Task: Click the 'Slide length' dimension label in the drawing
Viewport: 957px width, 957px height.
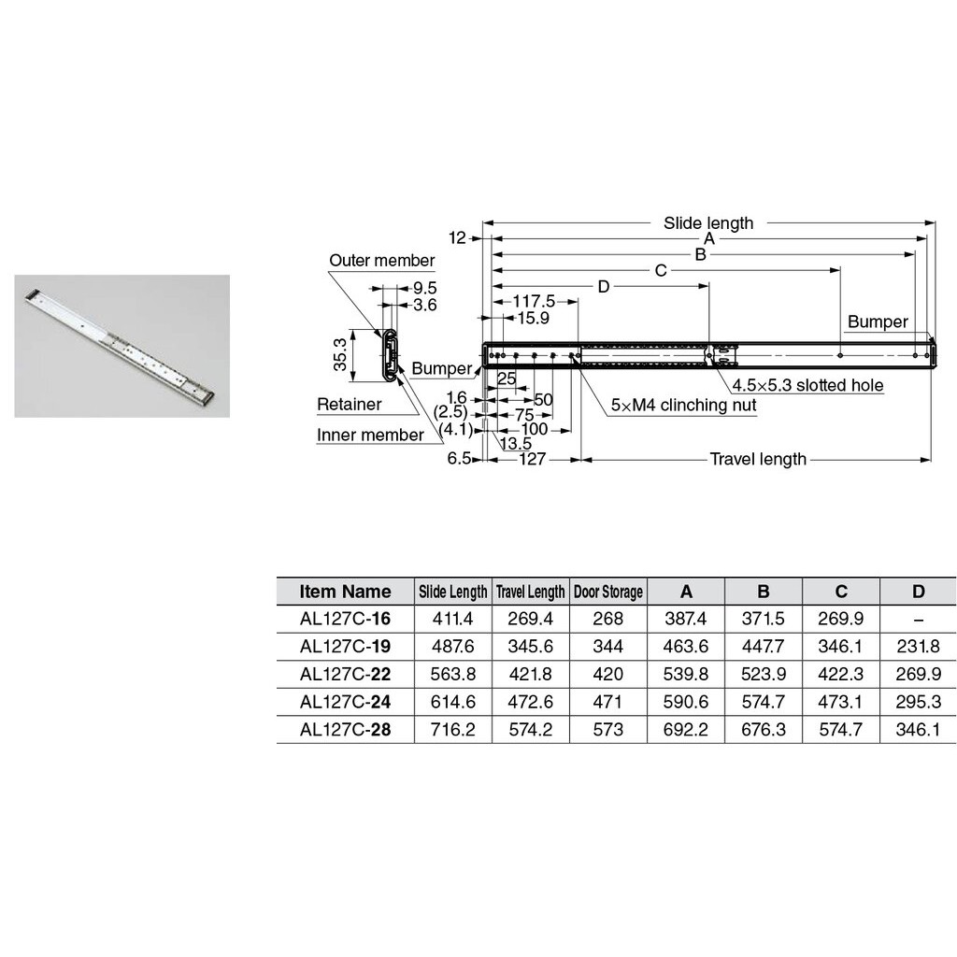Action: [x=707, y=223]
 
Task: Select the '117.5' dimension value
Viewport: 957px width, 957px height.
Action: [x=535, y=301]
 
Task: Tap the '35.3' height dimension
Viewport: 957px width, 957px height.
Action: [x=341, y=355]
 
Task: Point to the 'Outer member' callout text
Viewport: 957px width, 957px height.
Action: [x=381, y=261]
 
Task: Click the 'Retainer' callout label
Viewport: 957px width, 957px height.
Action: [x=349, y=405]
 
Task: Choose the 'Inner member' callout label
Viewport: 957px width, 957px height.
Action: [x=370, y=435]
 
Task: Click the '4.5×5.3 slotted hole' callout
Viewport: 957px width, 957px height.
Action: [x=807, y=385]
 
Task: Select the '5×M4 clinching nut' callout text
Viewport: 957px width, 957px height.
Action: [x=683, y=406]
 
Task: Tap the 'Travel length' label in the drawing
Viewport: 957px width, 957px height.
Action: [x=757, y=459]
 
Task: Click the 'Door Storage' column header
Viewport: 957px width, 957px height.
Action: [x=607, y=592]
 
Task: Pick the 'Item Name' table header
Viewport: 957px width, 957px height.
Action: [x=345, y=592]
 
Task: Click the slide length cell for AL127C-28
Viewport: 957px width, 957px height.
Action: [x=452, y=730]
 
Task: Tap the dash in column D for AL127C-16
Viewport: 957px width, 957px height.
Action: [x=918, y=619]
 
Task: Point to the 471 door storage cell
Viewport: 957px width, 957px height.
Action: [x=607, y=702]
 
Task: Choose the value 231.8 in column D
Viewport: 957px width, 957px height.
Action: [x=918, y=647]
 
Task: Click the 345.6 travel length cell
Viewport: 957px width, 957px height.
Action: [x=530, y=647]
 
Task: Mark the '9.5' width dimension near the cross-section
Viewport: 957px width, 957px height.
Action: [x=424, y=288]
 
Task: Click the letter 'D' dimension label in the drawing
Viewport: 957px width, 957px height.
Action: [x=603, y=286]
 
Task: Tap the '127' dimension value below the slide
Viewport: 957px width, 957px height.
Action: [x=532, y=459]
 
